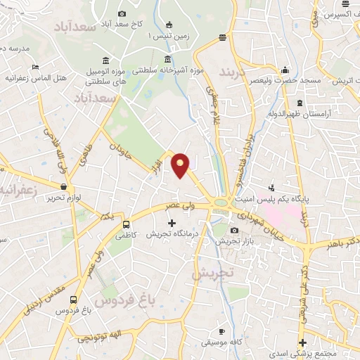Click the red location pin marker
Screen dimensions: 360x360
click(x=181, y=165)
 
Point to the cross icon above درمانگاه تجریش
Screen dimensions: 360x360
click(x=171, y=223)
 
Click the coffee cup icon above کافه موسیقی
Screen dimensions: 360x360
click(x=221, y=331)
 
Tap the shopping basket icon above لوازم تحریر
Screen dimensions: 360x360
click(x=65, y=186)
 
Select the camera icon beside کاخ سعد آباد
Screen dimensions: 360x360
click(x=122, y=14)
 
